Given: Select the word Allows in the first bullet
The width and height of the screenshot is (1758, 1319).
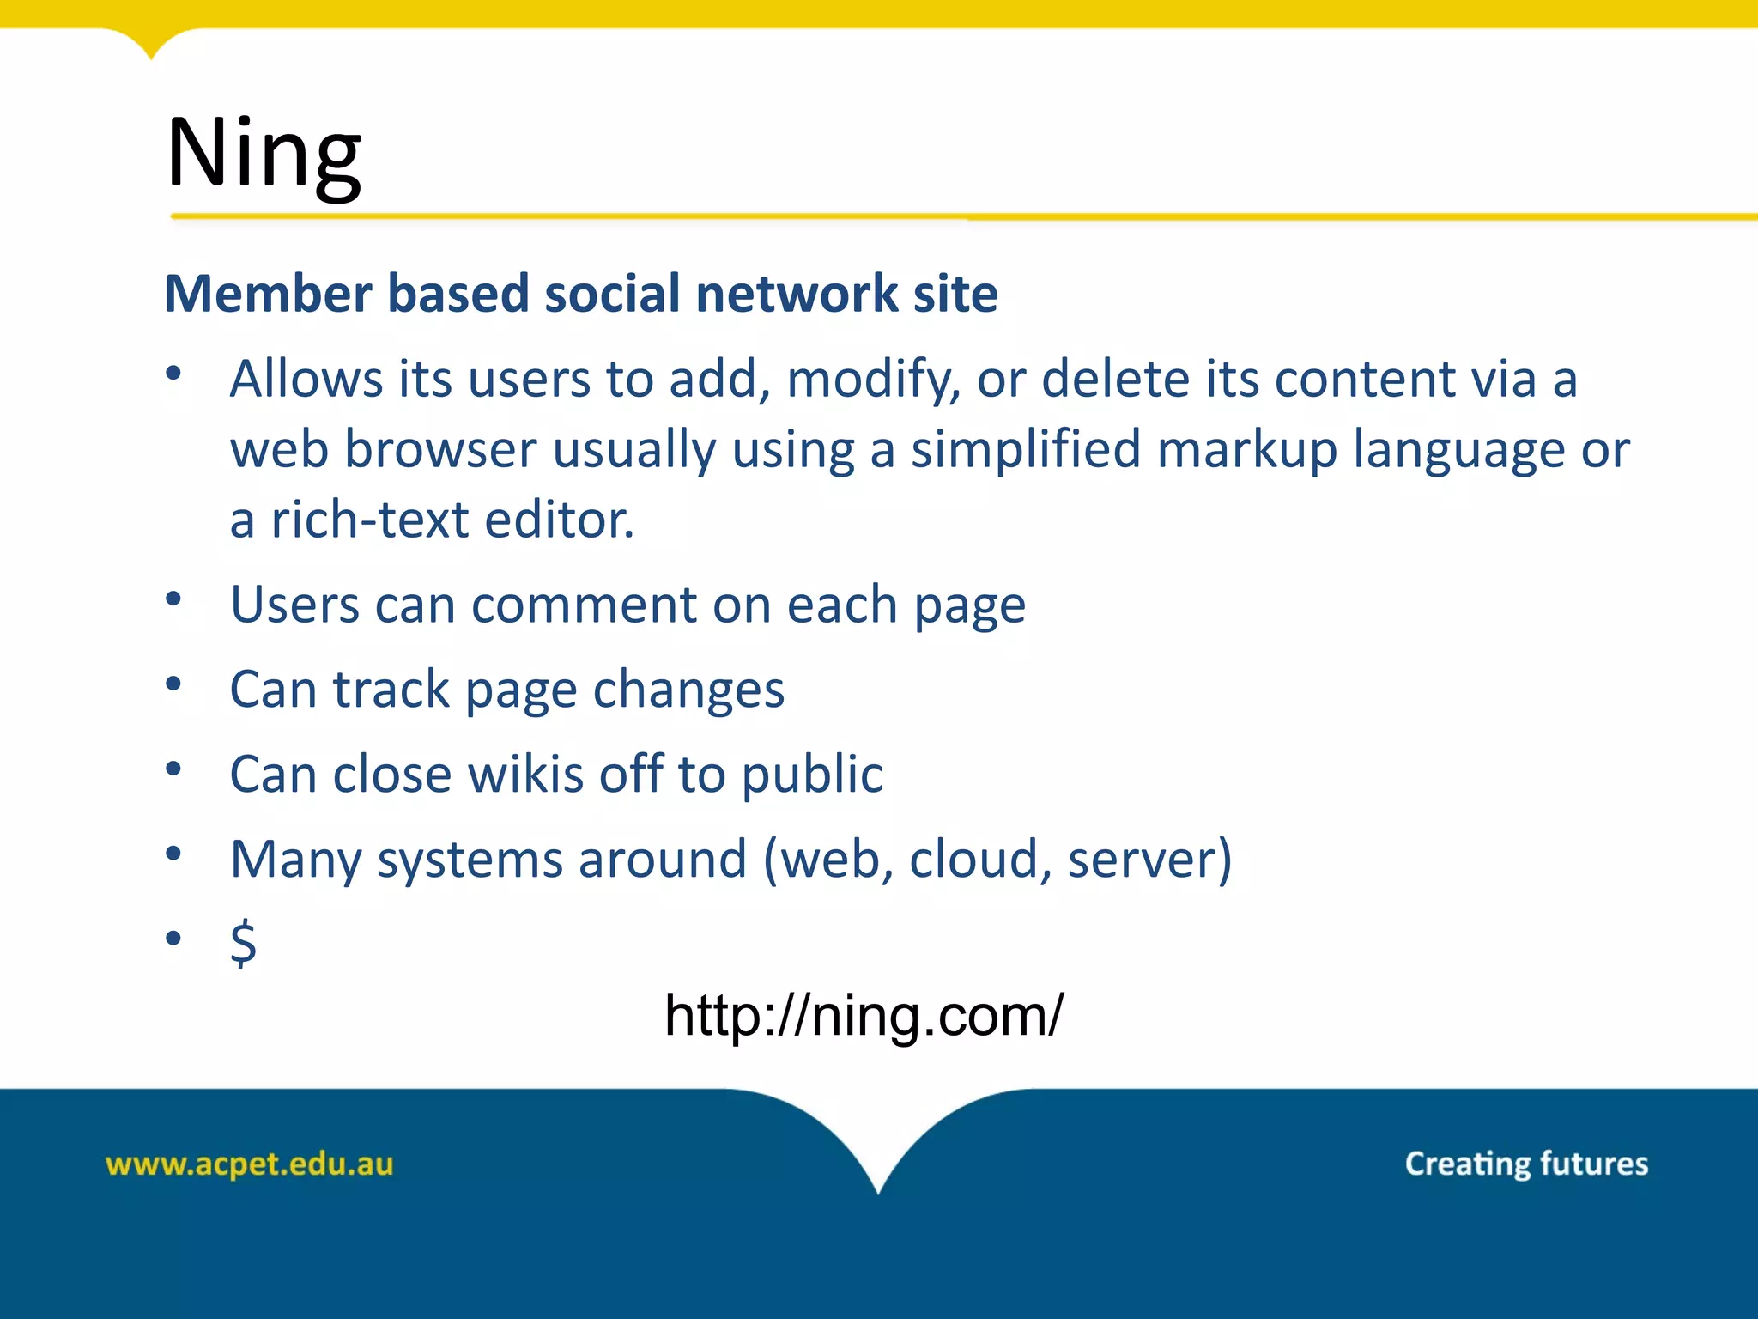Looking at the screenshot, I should pos(306,379).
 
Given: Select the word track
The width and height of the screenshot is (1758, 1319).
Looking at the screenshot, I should pos(391,690).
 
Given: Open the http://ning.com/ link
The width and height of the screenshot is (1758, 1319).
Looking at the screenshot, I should pos(864,1015).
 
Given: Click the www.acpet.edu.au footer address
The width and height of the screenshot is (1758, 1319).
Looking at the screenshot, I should pos(249,1164).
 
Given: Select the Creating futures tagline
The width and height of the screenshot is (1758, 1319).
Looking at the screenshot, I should pos(1526,1164).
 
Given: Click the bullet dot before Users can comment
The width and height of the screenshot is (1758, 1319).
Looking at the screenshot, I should pos(173,599).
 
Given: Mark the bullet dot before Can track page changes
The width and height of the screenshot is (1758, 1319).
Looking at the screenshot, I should pos(173,684).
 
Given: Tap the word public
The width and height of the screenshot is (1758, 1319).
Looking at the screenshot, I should pos(812,775).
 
